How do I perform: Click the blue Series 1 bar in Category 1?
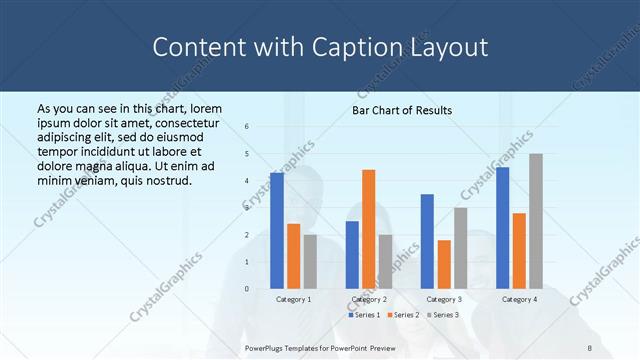click(277, 231)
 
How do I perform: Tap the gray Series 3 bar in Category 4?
click(536, 221)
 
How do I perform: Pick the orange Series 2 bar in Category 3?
click(444, 264)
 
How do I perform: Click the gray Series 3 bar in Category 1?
click(310, 262)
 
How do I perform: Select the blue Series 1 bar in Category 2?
click(352, 255)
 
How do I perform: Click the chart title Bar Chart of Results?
click(402, 110)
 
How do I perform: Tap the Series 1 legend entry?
click(365, 315)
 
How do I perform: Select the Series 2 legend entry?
click(403, 315)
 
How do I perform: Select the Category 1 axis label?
click(293, 299)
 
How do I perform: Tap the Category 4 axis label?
click(519, 299)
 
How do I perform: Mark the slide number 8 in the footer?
click(590, 347)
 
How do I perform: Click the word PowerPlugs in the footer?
click(268, 347)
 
